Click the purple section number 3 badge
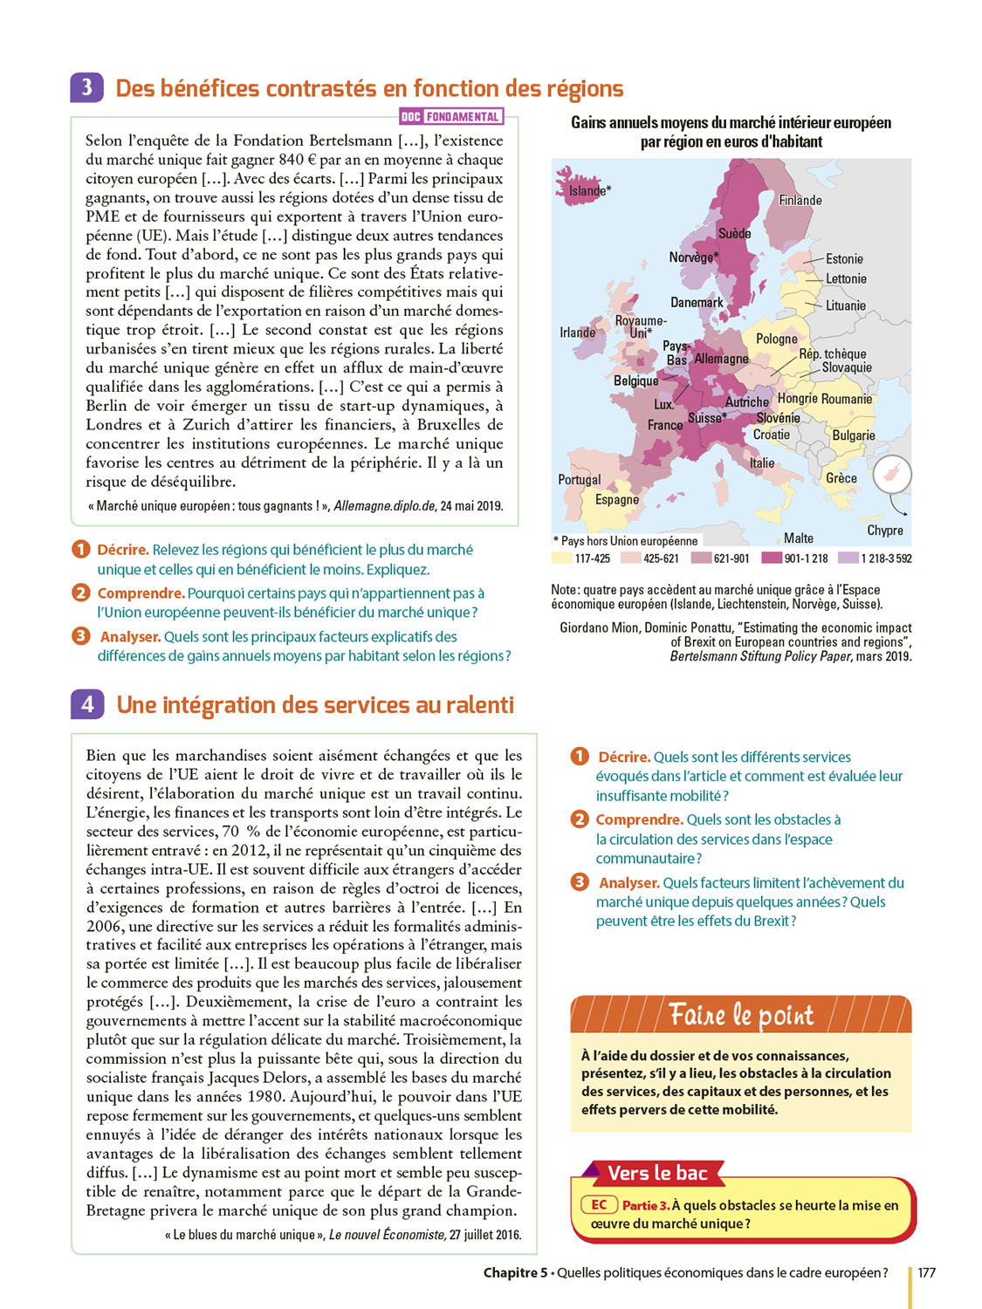86,88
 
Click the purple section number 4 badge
87,704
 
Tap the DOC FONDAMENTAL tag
450,116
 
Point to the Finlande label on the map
800,200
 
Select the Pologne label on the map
776,339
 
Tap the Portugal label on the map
580,479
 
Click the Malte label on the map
799,538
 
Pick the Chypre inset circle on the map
892,475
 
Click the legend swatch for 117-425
561,559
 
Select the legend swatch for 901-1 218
771,559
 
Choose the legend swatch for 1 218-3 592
848,559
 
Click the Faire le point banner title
741,1016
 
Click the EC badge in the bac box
600,1205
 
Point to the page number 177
926,1273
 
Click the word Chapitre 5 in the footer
515,1273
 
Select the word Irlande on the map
577,332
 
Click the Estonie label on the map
844,259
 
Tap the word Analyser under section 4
628,883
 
